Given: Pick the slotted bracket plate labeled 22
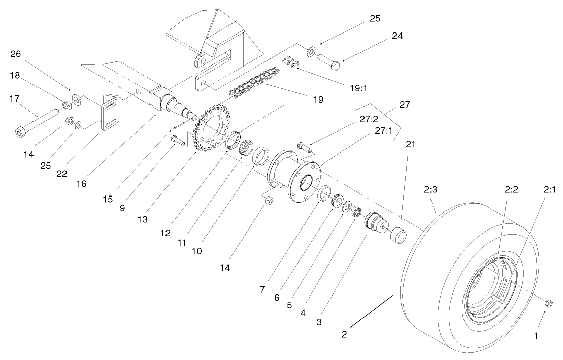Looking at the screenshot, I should pyautogui.click(x=111, y=112).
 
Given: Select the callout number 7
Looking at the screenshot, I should pyautogui.click(x=262, y=289).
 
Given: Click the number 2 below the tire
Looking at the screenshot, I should pyautogui.click(x=344, y=335).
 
